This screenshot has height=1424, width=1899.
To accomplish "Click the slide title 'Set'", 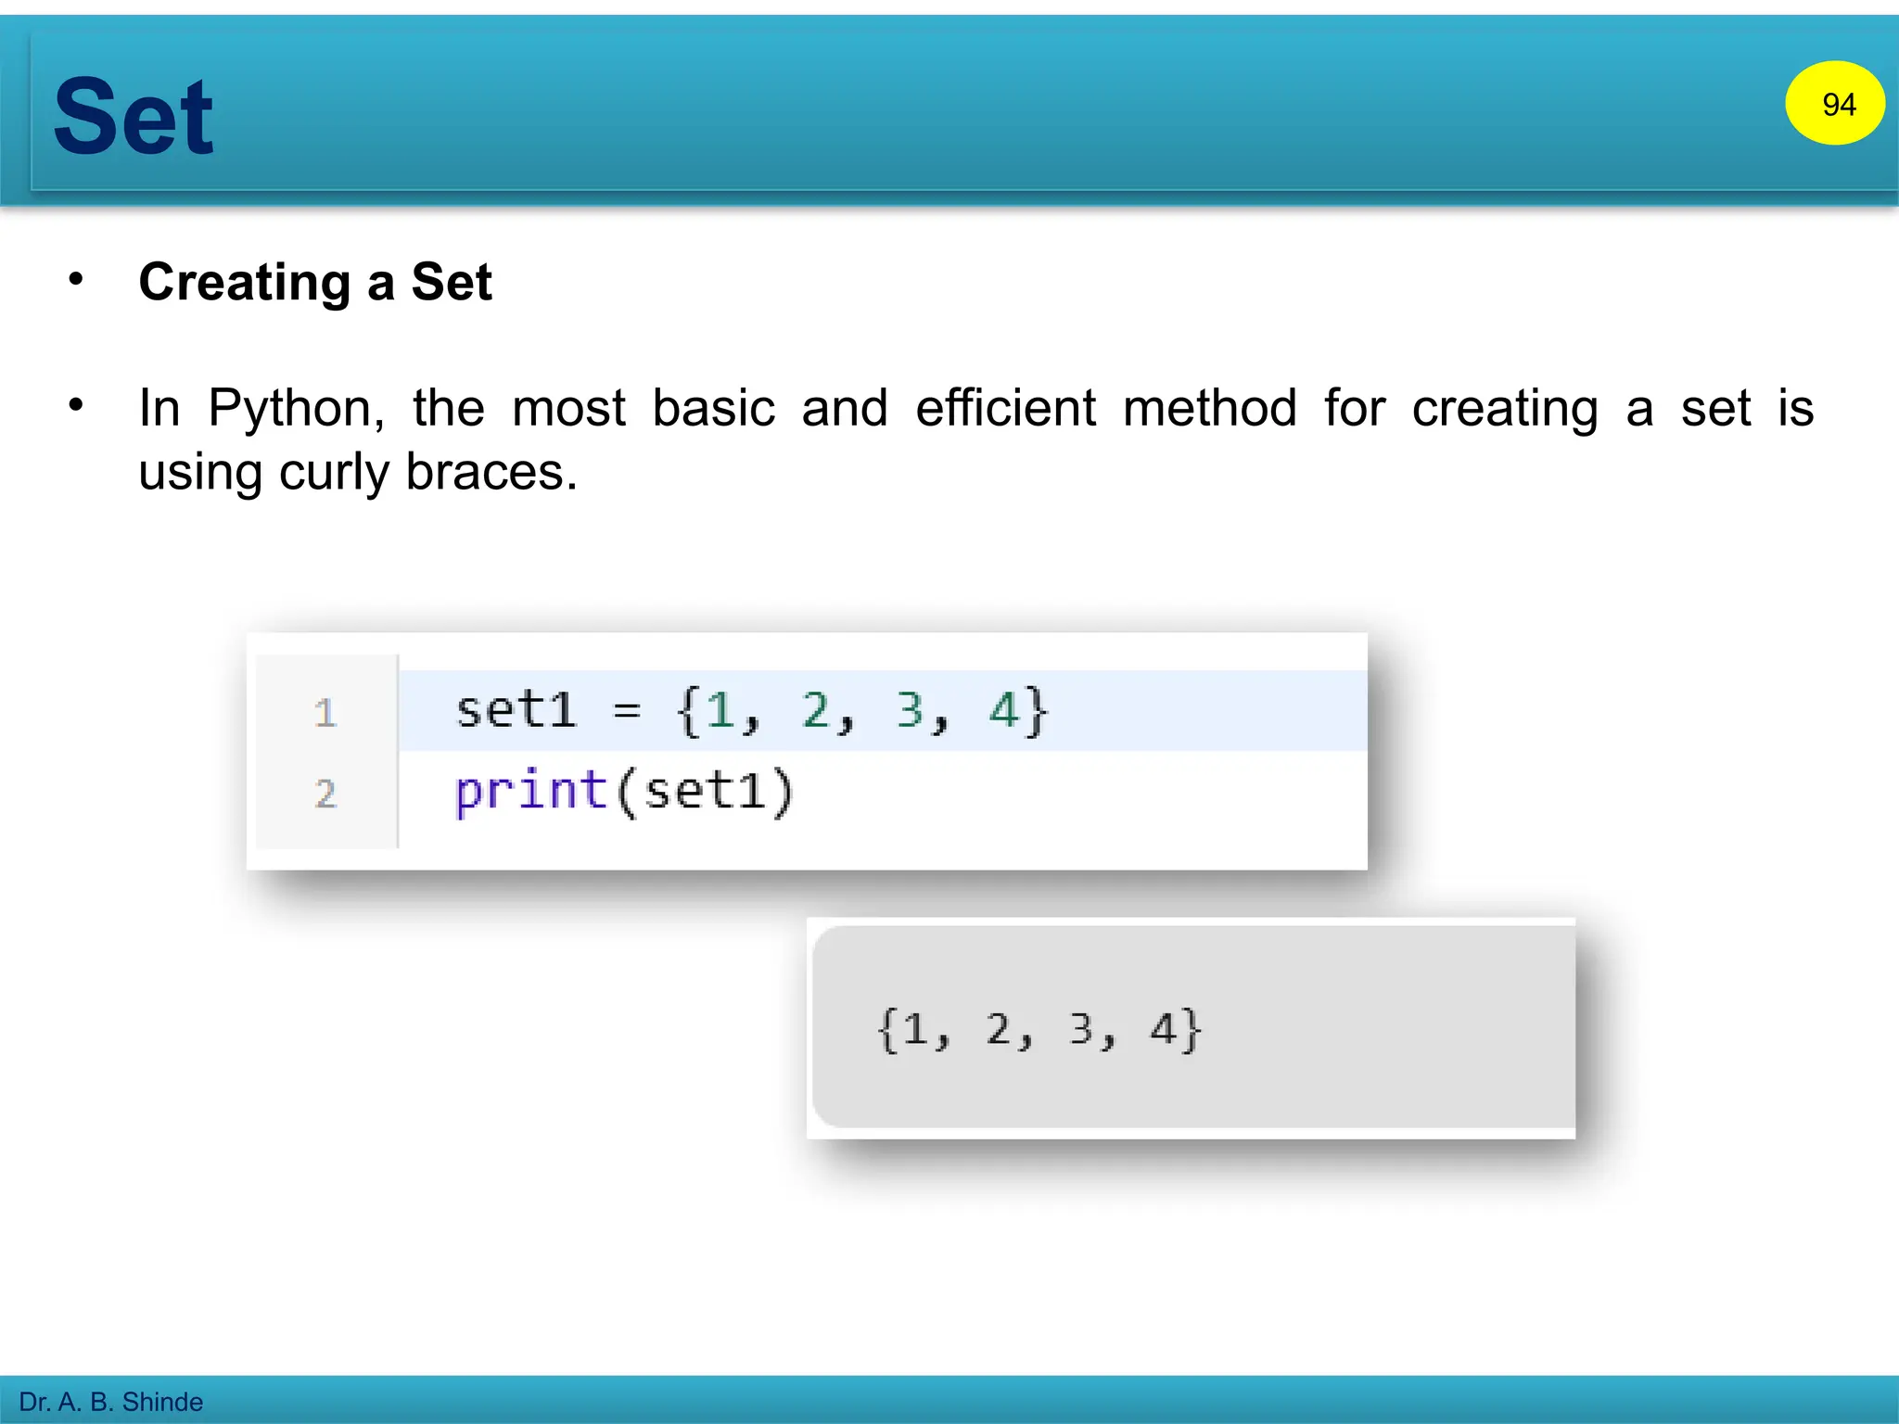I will [134, 118].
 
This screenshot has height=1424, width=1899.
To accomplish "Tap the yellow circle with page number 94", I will [1834, 104].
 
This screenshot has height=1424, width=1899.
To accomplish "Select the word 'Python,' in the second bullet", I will [296, 408].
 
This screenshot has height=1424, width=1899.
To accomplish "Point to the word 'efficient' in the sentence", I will [1005, 408].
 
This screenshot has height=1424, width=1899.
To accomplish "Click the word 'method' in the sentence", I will [1209, 408].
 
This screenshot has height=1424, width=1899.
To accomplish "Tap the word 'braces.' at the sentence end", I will [491, 473].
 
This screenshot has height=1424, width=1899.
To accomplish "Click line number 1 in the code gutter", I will [325, 713].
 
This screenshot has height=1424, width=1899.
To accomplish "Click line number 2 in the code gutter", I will [325, 794].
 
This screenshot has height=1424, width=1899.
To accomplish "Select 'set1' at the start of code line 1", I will [516, 711].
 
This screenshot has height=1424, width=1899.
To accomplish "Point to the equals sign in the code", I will [627, 712].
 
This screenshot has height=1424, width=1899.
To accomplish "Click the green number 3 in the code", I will [910, 711].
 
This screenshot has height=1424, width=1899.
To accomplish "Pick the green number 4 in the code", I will [1003, 711].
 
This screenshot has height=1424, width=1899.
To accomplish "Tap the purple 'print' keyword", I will [530, 792].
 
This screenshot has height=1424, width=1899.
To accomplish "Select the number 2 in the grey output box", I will [998, 1030].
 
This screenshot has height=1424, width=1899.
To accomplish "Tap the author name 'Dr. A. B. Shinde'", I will [110, 1402].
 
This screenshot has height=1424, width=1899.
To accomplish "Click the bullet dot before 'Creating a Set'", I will [76, 279].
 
